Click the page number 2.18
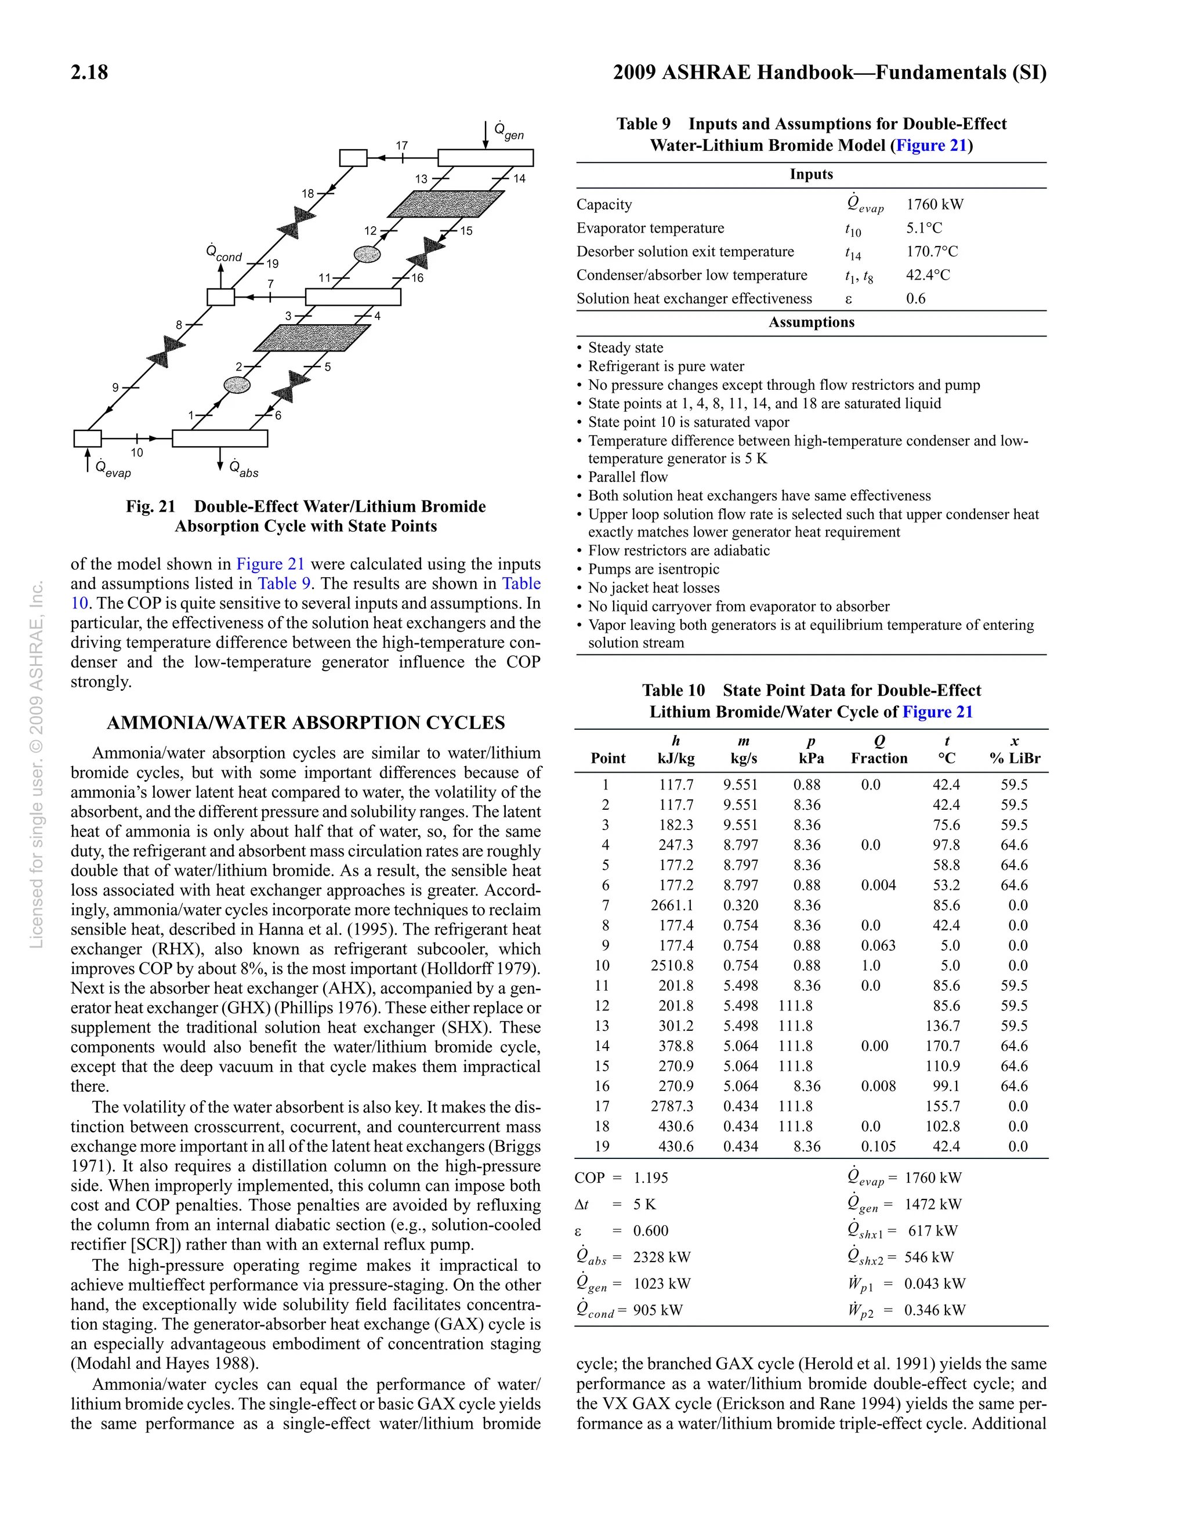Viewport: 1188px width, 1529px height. (x=89, y=72)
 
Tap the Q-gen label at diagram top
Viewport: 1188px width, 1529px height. (x=508, y=131)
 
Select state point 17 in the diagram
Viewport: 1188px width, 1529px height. (x=401, y=146)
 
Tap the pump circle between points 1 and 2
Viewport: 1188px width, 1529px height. (x=237, y=385)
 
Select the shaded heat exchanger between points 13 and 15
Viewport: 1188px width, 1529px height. (x=445, y=204)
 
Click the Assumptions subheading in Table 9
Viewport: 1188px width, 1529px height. (x=811, y=322)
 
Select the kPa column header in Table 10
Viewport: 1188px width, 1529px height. (x=811, y=758)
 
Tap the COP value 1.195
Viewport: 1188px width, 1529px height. (x=650, y=1177)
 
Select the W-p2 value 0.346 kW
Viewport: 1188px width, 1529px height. (x=934, y=1310)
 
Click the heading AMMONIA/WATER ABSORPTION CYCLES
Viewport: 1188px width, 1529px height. (x=305, y=723)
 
